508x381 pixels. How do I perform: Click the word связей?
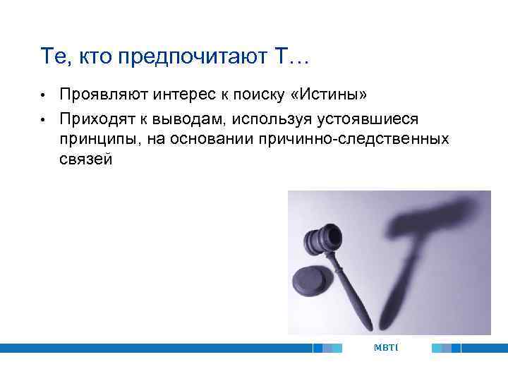[85, 160]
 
